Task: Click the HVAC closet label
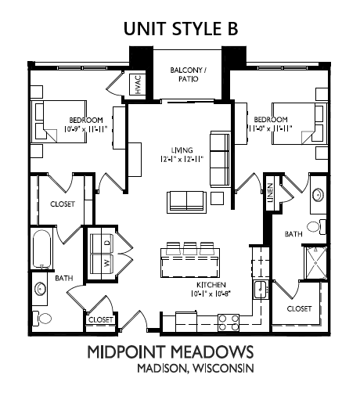tap(138, 85)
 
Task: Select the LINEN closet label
tap(270, 193)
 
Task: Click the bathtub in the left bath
tap(41, 249)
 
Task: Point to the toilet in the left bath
tap(41, 318)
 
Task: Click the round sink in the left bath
tap(40, 289)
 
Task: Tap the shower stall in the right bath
tap(316, 263)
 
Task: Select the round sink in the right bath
tap(318, 194)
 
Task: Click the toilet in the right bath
tap(316, 226)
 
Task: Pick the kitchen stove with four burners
tap(229, 323)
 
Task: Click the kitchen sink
tap(260, 290)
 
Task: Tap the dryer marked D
tap(102, 243)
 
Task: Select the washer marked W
tap(102, 264)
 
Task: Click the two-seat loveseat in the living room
tap(187, 201)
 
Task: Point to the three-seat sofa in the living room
tap(220, 159)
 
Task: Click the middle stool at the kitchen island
tap(189, 248)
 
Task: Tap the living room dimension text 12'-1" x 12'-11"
tap(182, 159)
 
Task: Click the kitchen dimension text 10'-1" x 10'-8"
tap(211, 294)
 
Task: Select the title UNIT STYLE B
tap(181, 29)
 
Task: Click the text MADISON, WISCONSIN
tap(196, 368)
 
